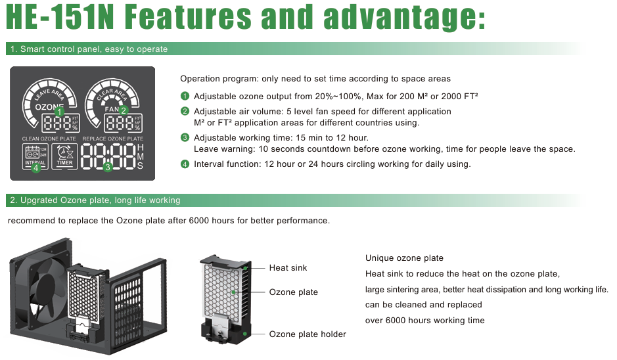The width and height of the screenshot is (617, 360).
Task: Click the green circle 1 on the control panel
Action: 59,112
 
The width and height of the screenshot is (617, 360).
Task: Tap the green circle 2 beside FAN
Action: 124,110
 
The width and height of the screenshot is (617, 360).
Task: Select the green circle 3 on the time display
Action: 108,168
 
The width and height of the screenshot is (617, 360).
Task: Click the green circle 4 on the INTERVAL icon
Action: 35,168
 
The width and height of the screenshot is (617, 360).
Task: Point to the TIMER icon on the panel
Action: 64,156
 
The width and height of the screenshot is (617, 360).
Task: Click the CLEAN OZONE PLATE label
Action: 49,139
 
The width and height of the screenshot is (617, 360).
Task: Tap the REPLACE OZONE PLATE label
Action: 113,139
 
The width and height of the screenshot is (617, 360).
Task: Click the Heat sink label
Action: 288,268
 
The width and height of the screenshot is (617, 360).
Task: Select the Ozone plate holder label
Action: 308,334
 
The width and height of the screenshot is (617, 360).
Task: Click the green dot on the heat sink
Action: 245,268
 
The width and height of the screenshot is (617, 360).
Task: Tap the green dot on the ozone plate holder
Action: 245,334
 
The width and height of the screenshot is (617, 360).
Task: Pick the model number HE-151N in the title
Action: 60,17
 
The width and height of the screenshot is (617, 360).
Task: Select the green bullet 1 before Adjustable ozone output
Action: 185,96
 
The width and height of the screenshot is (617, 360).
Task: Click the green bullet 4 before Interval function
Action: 185,164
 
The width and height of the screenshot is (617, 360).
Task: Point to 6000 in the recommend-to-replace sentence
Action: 199,220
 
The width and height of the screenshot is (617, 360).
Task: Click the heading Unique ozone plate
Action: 404,258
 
